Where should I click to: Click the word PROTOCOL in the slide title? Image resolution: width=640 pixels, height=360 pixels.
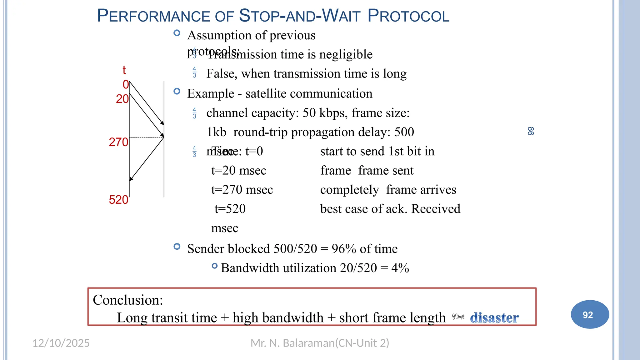408,16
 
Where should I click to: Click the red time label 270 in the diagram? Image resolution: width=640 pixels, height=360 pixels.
118,142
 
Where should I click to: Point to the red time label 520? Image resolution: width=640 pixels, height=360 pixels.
118,200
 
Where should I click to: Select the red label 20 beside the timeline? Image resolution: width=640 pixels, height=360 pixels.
122,99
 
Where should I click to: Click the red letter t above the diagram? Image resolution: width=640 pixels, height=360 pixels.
124,70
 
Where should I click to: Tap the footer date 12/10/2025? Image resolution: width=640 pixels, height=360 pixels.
61,343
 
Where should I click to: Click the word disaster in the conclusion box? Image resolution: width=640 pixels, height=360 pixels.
494,317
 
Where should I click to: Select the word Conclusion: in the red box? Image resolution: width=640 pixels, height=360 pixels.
128,300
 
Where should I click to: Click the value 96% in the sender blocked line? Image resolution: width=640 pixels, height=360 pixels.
344,249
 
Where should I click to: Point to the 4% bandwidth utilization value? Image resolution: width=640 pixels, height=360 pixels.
400,268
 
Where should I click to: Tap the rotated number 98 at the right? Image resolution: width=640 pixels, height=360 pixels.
531,131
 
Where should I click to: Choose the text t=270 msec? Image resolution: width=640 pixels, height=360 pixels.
242,190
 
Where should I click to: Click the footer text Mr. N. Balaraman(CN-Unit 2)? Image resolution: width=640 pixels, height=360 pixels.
320,343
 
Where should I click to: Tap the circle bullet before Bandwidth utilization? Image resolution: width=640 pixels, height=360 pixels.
214,266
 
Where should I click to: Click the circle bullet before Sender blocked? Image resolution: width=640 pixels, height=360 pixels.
177,247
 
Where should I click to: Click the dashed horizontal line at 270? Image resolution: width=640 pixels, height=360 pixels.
146,137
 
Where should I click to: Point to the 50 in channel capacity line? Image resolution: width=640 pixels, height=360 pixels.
309,113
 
